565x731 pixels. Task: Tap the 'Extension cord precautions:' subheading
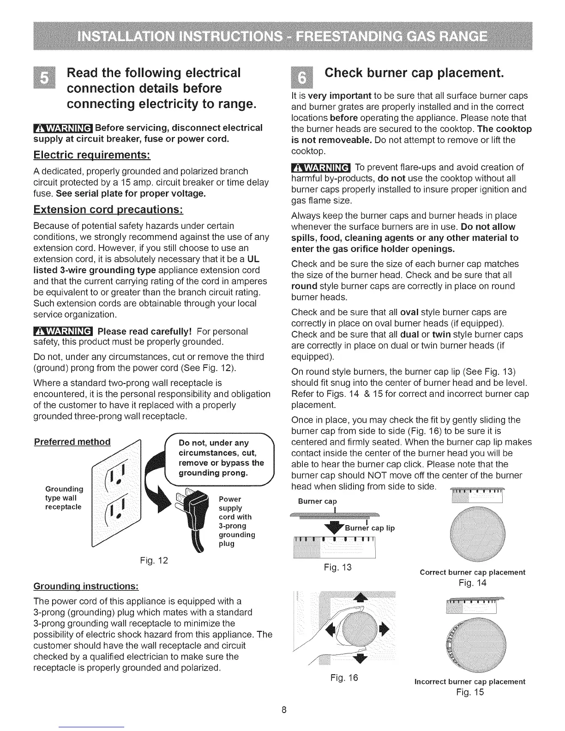(x=109, y=210)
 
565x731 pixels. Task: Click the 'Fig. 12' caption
(x=154, y=561)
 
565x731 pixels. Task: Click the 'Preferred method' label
(x=72, y=442)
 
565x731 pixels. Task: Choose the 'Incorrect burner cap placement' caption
(x=470, y=681)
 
